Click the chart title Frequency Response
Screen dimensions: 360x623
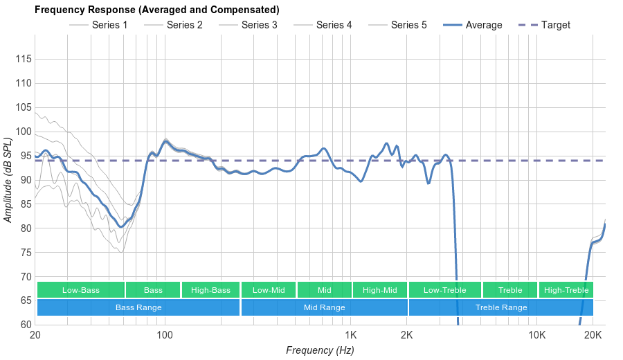coord(156,10)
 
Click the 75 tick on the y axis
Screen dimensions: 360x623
coord(24,253)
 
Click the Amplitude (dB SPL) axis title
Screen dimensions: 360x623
coord(8,180)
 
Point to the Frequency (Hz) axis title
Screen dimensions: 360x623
coord(320,350)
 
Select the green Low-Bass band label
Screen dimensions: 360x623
coord(81,290)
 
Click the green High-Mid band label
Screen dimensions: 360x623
coord(379,290)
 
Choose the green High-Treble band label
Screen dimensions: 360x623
coord(566,290)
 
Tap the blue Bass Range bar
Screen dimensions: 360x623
coord(138,307)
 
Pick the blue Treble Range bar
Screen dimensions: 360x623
coord(501,307)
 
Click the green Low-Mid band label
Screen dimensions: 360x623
coord(269,290)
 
